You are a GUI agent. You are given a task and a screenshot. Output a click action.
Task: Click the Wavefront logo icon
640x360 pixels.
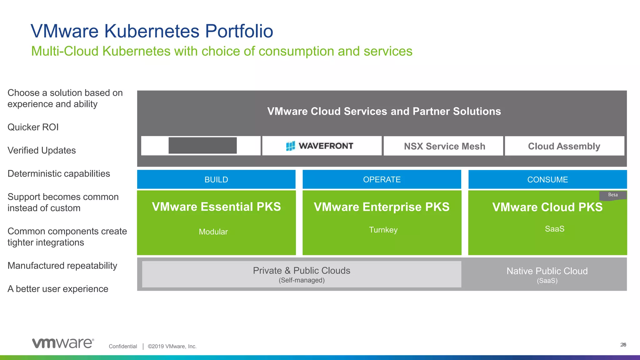tap(290, 146)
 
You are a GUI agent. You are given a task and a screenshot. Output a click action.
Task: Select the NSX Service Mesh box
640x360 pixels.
tap(444, 146)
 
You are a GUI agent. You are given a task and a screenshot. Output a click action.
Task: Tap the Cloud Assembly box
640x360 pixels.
tap(564, 146)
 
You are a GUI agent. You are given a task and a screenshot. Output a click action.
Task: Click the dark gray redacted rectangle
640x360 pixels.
tap(202, 146)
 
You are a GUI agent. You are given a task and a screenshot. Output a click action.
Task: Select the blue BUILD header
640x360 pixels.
tap(216, 180)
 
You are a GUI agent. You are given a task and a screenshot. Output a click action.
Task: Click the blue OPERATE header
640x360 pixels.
tap(382, 180)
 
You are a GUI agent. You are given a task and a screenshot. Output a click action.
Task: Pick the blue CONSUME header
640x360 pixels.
tap(547, 180)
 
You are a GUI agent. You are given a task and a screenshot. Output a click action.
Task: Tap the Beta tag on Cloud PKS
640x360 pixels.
tap(613, 195)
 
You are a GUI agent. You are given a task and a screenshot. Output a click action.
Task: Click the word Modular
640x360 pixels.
tap(213, 232)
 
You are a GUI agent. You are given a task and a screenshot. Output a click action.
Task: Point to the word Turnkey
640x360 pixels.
tap(383, 230)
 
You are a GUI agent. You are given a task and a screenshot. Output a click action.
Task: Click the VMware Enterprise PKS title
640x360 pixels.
tap(382, 207)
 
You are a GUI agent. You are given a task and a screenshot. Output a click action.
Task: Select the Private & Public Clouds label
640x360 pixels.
tap(302, 271)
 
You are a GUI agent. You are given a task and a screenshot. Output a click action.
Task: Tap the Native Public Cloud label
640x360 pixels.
tap(547, 271)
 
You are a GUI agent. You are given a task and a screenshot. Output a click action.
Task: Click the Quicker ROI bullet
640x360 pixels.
tap(33, 127)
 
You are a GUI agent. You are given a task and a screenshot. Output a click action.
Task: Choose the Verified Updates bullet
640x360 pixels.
tap(42, 151)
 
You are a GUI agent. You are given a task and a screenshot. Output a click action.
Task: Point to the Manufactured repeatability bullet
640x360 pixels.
tap(62, 266)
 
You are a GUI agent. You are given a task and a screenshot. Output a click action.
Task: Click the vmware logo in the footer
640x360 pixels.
tap(63, 343)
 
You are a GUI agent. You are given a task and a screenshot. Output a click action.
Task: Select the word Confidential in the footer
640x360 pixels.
tap(123, 346)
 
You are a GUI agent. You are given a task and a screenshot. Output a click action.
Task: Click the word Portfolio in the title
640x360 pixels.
tap(239, 31)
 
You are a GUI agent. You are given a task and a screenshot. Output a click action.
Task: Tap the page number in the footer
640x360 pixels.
tap(623, 345)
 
